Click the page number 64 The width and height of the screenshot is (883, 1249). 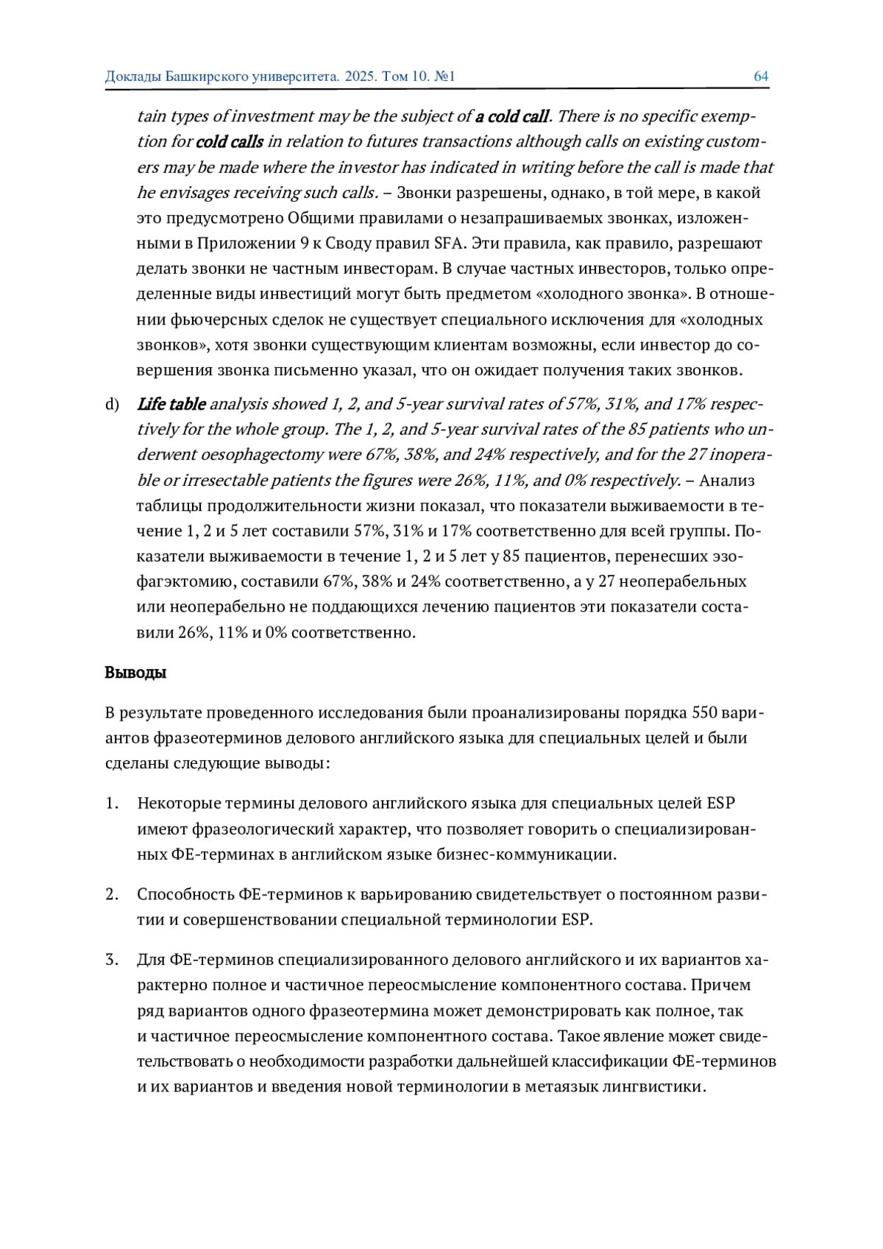point(761,77)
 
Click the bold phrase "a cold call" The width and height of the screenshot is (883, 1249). point(512,116)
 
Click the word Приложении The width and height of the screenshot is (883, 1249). point(240,244)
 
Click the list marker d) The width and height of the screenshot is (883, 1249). point(112,404)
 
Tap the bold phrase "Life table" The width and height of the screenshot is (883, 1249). point(171,404)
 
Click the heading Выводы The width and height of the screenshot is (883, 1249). point(135,673)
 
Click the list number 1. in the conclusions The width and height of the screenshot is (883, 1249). point(112,803)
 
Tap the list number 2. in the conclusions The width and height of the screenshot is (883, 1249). point(112,894)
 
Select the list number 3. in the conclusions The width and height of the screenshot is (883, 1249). point(112,960)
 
